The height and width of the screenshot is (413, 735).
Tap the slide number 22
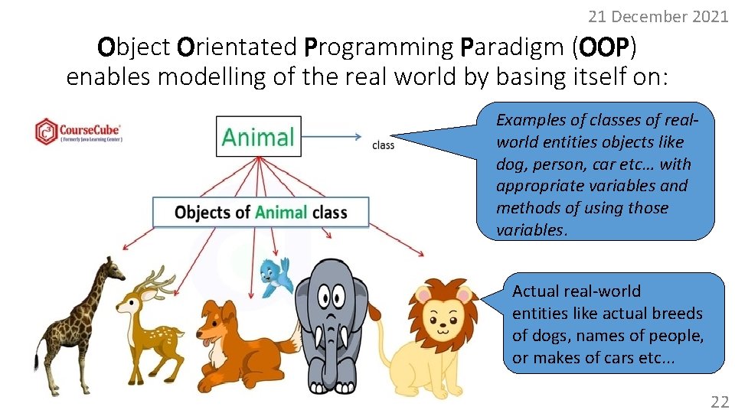coord(719,402)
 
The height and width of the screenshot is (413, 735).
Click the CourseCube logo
coord(78,132)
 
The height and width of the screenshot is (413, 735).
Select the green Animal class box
coord(258,137)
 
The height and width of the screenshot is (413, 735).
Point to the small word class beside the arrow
coord(383,145)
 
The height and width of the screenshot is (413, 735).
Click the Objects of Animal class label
coord(260,212)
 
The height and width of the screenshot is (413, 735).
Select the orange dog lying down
coord(230,337)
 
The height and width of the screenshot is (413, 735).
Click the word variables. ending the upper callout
coord(528,230)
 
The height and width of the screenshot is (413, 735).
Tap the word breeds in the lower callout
coord(674,314)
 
